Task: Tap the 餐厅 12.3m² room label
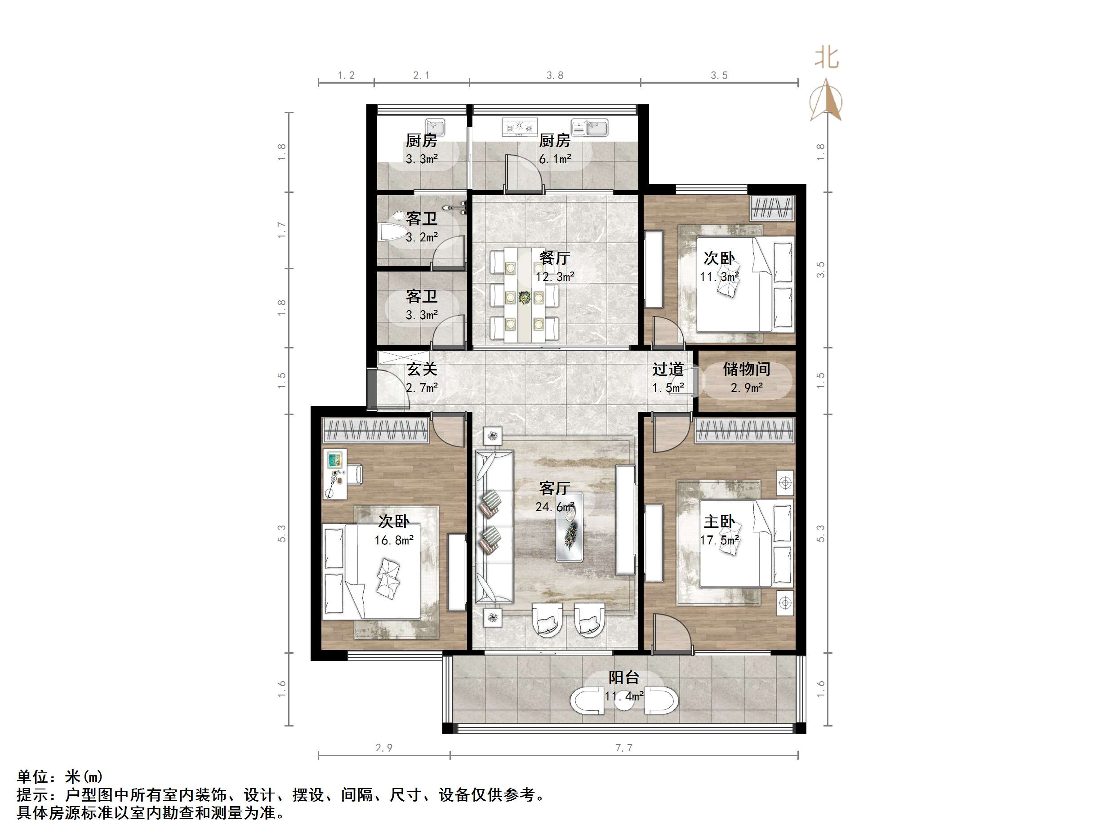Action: [x=555, y=267]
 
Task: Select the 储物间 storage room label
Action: [x=746, y=377]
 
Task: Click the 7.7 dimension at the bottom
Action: [x=623, y=748]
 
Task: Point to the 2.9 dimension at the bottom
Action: [x=384, y=748]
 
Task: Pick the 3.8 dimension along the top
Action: [x=555, y=75]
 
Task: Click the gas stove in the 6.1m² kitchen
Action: [x=520, y=128]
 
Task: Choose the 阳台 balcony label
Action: [x=623, y=678]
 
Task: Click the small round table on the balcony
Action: [x=624, y=700]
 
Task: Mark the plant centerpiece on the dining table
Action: [x=525, y=298]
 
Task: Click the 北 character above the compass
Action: [x=827, y=58]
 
